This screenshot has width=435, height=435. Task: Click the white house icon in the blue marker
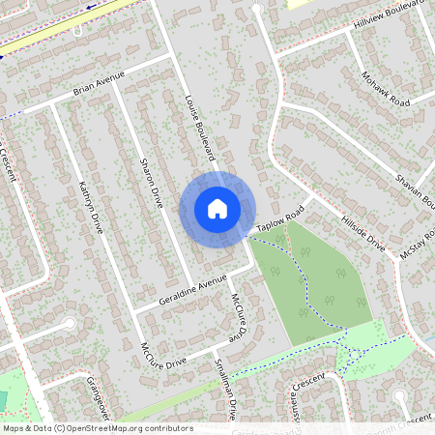pos(217,208)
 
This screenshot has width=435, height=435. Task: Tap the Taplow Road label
pos(280,219)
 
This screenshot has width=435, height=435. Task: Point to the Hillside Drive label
pos(363,234)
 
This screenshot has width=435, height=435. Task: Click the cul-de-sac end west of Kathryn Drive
pos(69,324)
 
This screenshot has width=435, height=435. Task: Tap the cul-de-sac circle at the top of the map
pos(256,10)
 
